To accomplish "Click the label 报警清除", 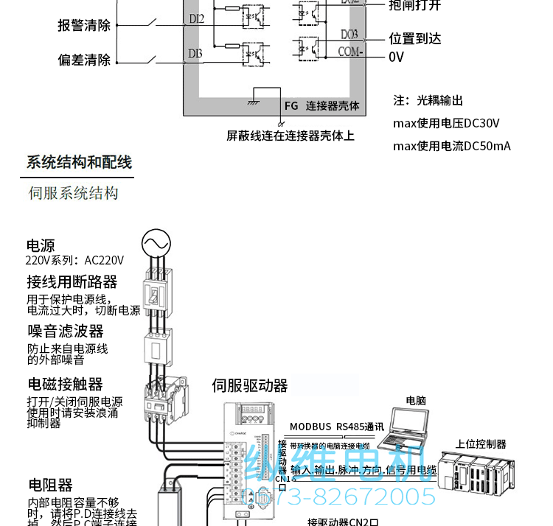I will [84, 25].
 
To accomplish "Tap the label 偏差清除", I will [84, 60].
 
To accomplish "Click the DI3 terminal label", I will [195, 53].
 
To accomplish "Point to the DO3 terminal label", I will [349, 35].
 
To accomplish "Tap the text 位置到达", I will [414, 39].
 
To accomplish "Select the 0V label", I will [397, 57].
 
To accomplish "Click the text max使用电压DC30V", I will [446, 123].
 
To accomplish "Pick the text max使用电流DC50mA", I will [451, 146].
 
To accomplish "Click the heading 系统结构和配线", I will [79, 162].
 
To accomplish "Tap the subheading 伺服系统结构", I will [73, 194].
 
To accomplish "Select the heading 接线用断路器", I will [72, 282].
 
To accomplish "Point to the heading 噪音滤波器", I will [66, 332].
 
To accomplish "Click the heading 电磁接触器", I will [66, 385].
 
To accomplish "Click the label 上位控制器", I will [481, 444].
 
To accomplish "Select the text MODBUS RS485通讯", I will [337, 426].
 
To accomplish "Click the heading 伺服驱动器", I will [250, 385].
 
